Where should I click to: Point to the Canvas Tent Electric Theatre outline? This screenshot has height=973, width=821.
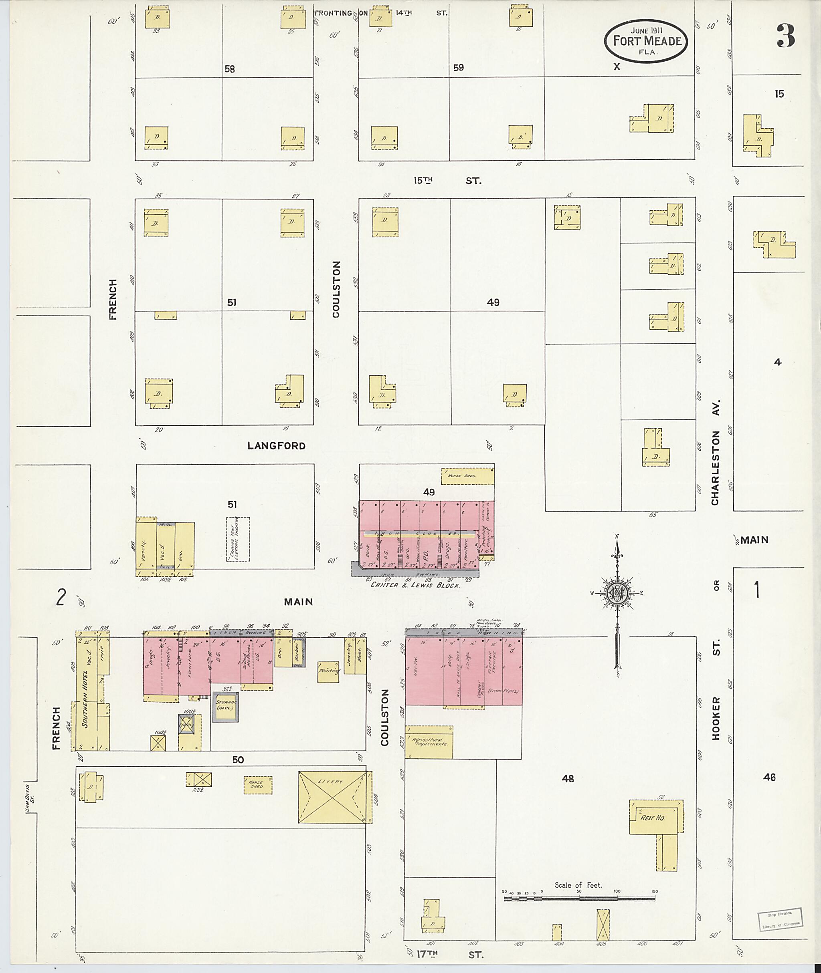click(x=238, y=539)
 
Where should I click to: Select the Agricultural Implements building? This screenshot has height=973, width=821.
click(x=429, y=741)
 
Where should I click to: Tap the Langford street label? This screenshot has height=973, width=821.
click(x=277, y=445)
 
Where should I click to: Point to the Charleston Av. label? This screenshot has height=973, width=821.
click(x=715, y=451)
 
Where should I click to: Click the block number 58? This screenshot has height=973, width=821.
click(x=229, y=69)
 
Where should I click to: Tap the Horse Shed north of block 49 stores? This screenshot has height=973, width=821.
click(x=467, y=476)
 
